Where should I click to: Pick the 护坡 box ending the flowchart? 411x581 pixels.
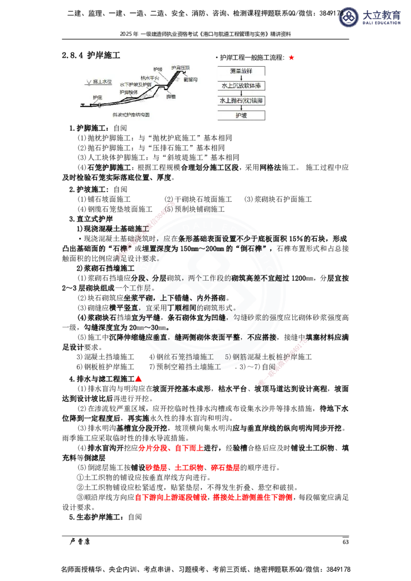(240, 115)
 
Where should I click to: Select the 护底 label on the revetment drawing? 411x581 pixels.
(98, 97)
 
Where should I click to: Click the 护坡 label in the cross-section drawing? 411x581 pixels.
(158, 69)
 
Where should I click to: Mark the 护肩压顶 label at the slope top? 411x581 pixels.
(180, 68)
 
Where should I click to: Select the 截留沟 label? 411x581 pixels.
(190, 80)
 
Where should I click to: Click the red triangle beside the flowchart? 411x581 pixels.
(291, 58)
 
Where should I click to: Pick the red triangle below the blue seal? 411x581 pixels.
(137, 379)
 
